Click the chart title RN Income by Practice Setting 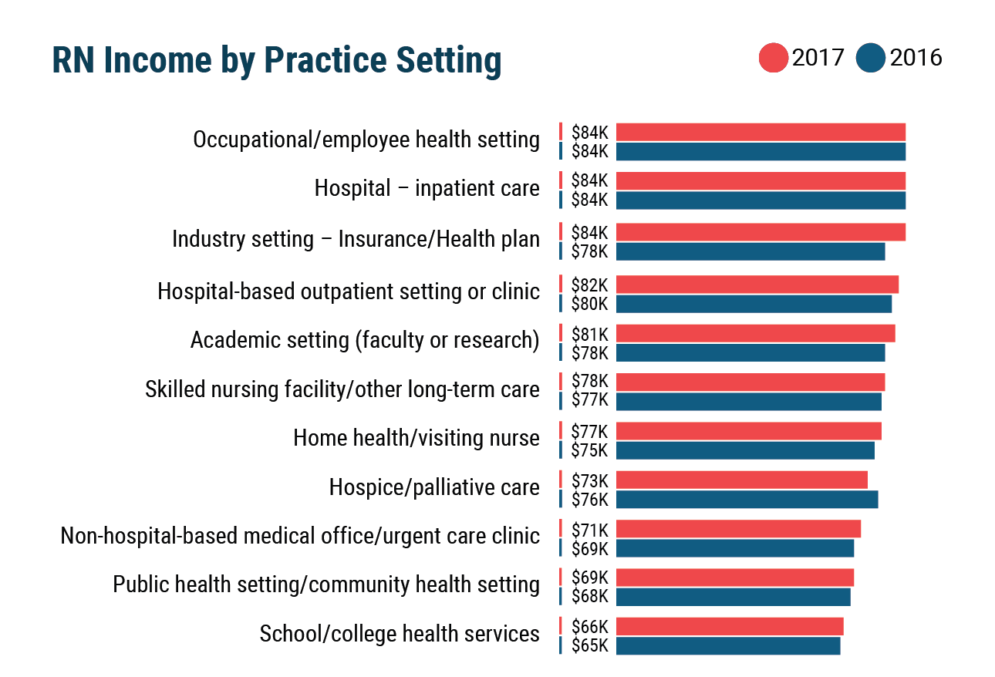click(x=276, y=61)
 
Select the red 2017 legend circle click(x=773, y=59)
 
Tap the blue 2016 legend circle click(x=871, y=59)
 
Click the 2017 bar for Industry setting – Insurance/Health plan click(x=760, y=232)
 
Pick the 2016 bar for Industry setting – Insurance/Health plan click(x=750, y=251)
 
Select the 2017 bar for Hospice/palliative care click(x=741, y=480)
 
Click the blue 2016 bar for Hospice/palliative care click(x=747, y=500)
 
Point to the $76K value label click(x=589, y=500)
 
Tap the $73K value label click(x=589, y=480)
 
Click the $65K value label click(x=589, y=645)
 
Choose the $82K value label click(x=589, y=285)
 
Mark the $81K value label click(x=589, y=334)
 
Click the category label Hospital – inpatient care click(x=427, y=188)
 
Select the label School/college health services click(x=400, y=634)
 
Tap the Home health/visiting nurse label click(x=417, y=438)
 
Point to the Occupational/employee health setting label click(x=366, y=140)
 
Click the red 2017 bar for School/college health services click(x=729, y=626)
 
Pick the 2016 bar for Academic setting click(x=750, y=353)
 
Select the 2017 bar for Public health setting click(x=734, y=578)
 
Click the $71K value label click(x=589, y=530)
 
